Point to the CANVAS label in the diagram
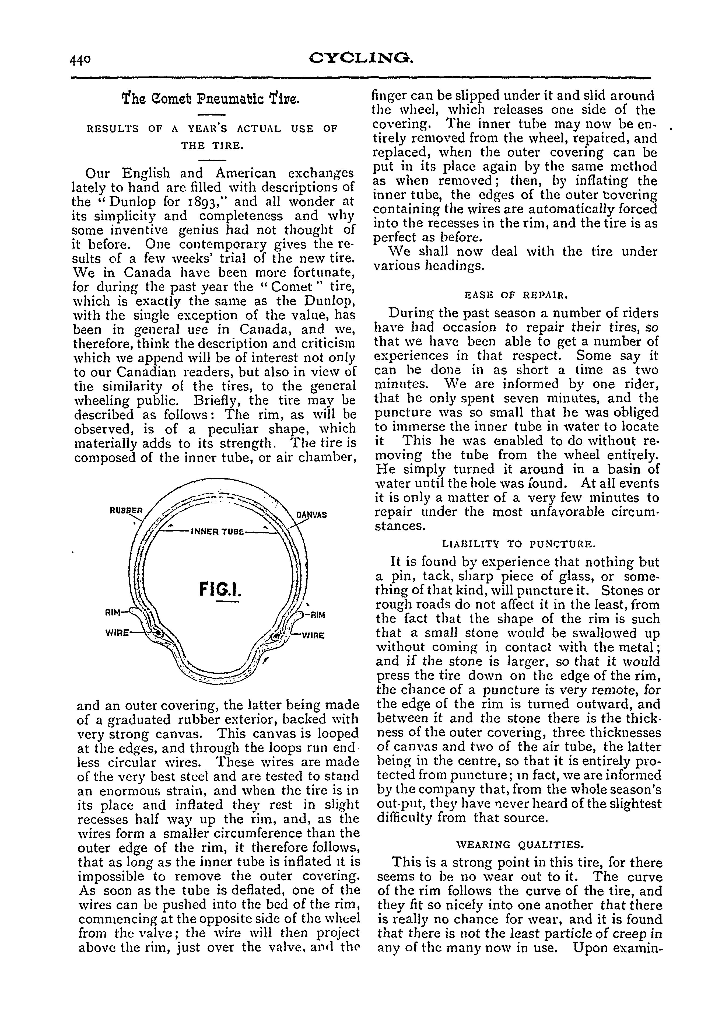[x=311, y=514]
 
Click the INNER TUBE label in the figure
[x=217, y=532]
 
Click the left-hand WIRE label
[x=117, y=633]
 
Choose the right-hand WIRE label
[x=313, y=636]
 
